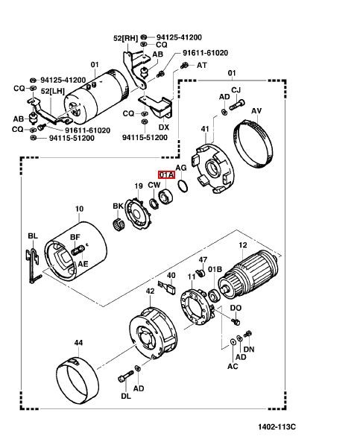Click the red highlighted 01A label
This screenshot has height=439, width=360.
[x=166, y=175]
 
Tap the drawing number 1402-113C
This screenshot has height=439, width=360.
[x=277, y=426]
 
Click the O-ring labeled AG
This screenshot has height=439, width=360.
[x=183, y=186]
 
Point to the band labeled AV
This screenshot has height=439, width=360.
[x=253, y=144]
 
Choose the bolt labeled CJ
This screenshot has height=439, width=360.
[x=237, y=105]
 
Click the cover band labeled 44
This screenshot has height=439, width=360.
[x=78, y=380]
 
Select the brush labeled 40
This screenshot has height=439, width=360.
[x=167, y=288]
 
